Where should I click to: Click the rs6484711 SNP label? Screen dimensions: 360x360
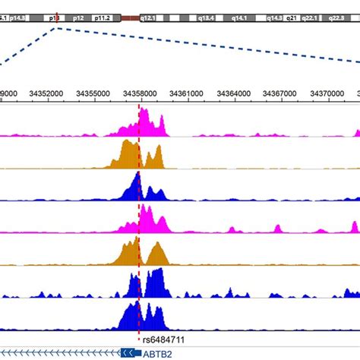[x=163, y=339]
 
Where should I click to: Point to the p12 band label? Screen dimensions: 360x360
[x=78, y=15]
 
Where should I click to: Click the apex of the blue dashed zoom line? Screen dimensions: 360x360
[x=57, y=28]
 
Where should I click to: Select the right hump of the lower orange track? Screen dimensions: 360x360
[x=157, y=254]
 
